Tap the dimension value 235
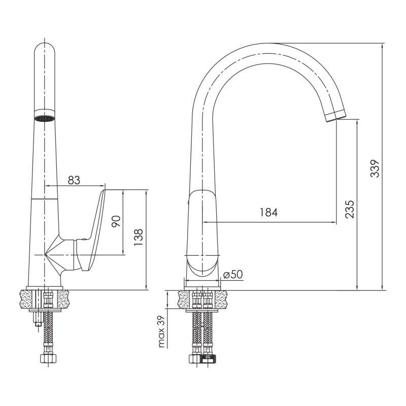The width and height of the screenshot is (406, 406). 349,209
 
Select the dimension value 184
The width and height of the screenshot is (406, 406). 269,213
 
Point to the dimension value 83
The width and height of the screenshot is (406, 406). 74,180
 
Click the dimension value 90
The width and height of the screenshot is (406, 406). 116,222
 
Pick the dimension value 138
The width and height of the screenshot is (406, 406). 139,238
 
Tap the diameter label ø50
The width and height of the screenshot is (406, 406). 233,275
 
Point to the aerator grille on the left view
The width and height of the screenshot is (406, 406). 44,119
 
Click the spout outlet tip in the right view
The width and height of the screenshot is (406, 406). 335,116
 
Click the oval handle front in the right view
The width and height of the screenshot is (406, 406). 202,264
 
